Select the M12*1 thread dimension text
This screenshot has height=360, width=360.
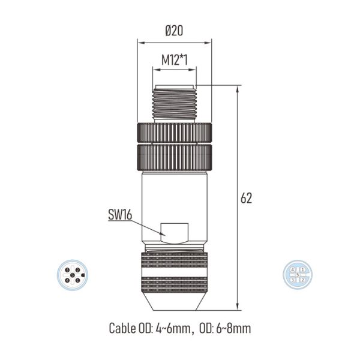point(174,60)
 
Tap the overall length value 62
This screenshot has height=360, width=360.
point(246,198)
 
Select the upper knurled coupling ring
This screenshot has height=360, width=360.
point(175,131)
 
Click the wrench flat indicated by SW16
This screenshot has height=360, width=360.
point(175,230)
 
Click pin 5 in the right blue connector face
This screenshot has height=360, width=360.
point(298,275)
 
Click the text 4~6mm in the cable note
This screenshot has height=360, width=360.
point(176,328)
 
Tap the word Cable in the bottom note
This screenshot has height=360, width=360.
point(122,328)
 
